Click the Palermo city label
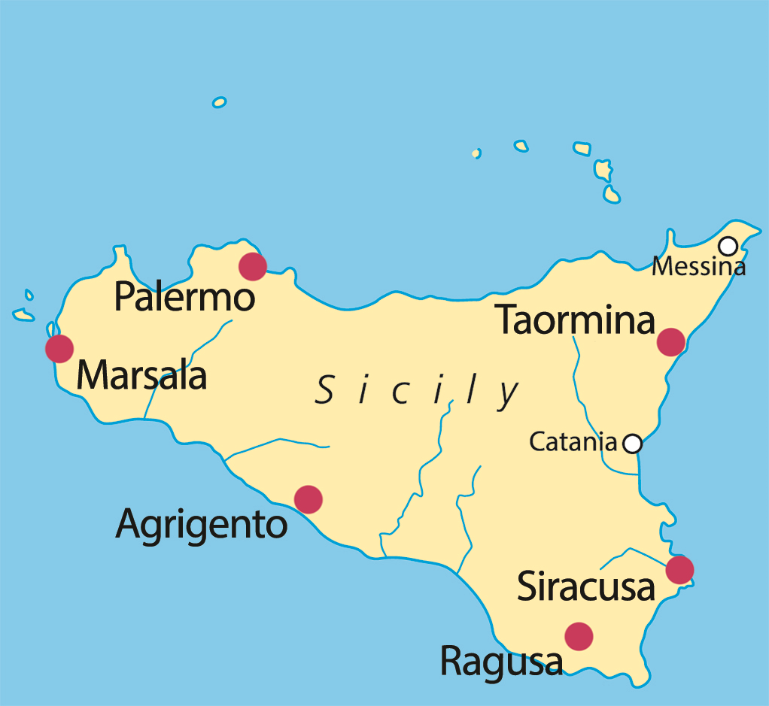pyautogui.click(x=184, y=298)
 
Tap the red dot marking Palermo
pyautogui.click(x=252, y=266)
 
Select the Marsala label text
pyautogui.click(x=141, y=374)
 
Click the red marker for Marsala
pyautogui.click(x=59, y=349)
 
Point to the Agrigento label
pyautogui.click(x=202, y=524)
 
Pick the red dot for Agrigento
pyautogui.click(x=309, y=499)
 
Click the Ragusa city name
pyautogui.click(x=501, y=662)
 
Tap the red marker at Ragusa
pyautogui.click(x=579, y=636)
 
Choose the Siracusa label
pyautogui.click(x=586, y=587)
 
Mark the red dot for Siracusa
pyautogui.click(x=679, y=570)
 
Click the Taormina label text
pyautogui.click(x=576, y=321)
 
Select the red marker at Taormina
pyautogui.click(x=670, y=341)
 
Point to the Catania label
pyautogui.click(x=573, y=442)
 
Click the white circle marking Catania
pyautogui.click(x=633, y=444)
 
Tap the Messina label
pyautogui.click(x=698, y=266)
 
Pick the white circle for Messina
pyautogui.click(x=728, y=246)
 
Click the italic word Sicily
pyautogui.click(x=418, y=392)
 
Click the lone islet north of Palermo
pyautogui.click(x=220, y=102)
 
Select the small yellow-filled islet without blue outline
pyautogui.click(x=476, y=153)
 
